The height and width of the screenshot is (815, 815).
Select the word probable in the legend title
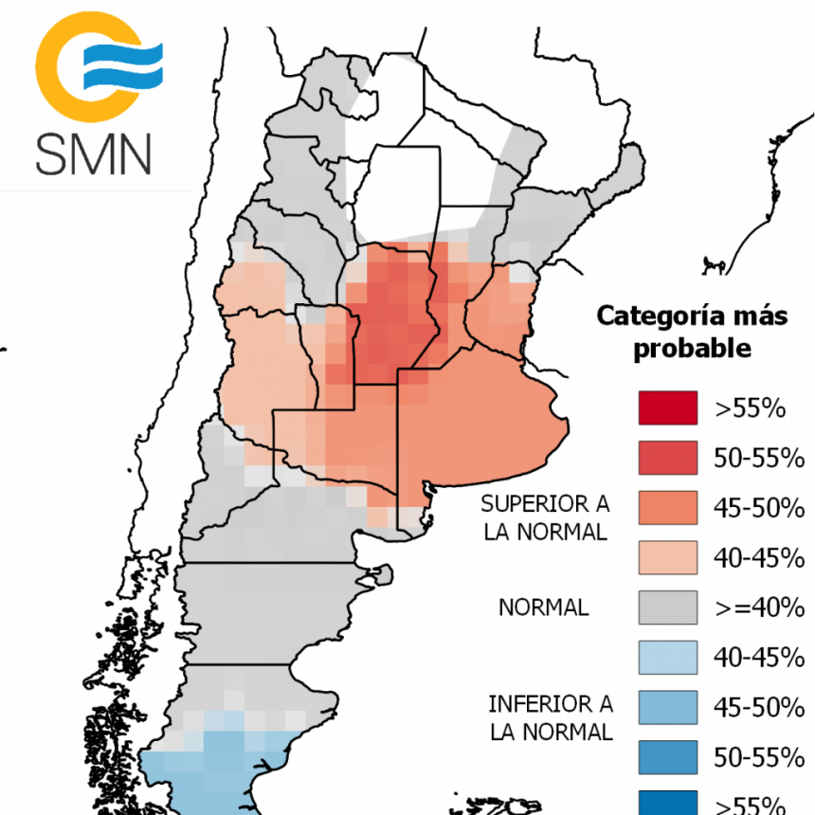[x=692, y=348]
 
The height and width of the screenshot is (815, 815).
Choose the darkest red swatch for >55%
[x=667, y=408]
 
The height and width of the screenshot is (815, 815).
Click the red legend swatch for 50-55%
[x=667, y=458]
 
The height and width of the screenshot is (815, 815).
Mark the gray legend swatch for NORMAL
[x=667, y=607]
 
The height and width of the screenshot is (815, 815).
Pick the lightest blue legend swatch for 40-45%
[x=667, y=657]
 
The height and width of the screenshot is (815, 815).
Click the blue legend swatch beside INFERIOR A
[x=667, y=707]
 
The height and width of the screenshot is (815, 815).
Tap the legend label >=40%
[x=758, y=607]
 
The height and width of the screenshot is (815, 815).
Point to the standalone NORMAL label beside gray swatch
[x=543, y=607]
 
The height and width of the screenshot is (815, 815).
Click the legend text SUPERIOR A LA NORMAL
[x=544, y=516]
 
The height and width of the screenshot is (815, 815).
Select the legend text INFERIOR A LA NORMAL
[x=550, y=717]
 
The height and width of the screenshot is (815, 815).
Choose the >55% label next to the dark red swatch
[x=751, y=409]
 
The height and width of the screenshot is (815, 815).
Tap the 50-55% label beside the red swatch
[x=758, y=459]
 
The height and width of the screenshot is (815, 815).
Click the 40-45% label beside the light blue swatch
[x=758, y=658]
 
